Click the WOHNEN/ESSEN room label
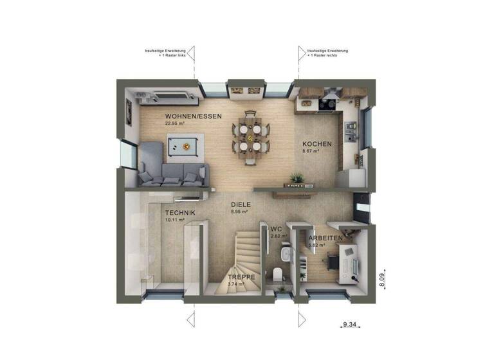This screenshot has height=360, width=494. click(x=194, y=116)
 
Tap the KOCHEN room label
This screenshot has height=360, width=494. click(x=317, y=144)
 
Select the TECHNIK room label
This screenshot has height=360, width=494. click(x=180, y=213)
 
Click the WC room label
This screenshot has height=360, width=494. click(x=277, y=229)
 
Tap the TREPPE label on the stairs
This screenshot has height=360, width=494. click(x=242, y=277)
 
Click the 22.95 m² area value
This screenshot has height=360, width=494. click(x=175, y=123)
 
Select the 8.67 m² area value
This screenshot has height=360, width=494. click(x=312, y=152)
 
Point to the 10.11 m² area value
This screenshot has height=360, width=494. click(x=175, y=220)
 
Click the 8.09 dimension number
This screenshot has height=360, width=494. click(x=381, y=279)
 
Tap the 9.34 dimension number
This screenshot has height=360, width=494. click(x=350, y=325)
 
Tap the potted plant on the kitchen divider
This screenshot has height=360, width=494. click(x=297, y=178)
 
